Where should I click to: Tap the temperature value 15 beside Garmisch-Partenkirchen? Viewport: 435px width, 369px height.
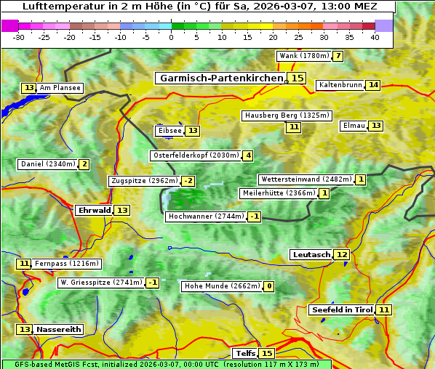coord(297,78)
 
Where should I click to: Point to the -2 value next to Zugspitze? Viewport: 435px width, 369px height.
coord(188,181)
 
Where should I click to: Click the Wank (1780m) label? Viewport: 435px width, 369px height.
coord(304,56)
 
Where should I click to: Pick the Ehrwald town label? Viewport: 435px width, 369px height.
coord(94,211)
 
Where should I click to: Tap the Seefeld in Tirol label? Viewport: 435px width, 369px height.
coord(342,310)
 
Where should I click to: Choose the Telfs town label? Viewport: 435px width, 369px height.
coord(244,354)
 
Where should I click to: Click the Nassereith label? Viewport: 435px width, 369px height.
coord(59,329)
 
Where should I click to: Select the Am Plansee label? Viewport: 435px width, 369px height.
coord(60,88)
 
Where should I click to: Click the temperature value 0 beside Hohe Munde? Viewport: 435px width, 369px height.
coord(269,286)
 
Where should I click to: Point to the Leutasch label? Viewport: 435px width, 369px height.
coord(311,254)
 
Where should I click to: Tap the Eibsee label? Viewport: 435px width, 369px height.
coord(169,131)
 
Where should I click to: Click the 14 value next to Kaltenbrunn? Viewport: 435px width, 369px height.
coord(373,85)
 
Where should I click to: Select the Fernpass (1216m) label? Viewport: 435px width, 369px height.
coord(67,264)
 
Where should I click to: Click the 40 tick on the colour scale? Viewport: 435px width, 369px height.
coord(375,37)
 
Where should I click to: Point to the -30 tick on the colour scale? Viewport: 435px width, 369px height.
coord(19,37)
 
